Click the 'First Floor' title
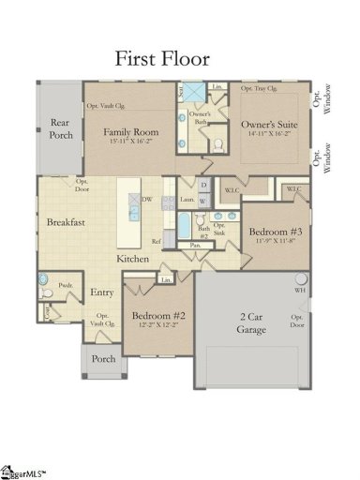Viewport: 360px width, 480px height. pos(162,58)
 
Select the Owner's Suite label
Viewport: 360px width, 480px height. pos(269,124)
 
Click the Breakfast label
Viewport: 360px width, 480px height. pos(66,222)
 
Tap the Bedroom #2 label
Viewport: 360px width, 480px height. pos(157,316)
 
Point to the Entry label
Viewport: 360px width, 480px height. pos(101,292)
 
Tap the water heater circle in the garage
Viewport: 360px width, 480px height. pos(301,278)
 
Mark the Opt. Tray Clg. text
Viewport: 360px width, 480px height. pos(260,88)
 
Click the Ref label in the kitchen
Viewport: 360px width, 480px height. pos(157,241)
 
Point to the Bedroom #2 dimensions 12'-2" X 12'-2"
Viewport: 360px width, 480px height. pos(157,328)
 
